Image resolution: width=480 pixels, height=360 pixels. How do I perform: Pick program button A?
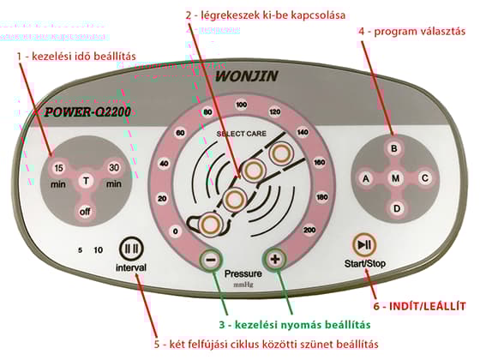365,178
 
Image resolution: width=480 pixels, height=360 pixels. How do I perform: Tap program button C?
423,178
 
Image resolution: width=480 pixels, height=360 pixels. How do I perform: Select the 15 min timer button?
58,167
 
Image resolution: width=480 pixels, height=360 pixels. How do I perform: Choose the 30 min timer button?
113,167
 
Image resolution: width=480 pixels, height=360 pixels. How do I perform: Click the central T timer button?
86,181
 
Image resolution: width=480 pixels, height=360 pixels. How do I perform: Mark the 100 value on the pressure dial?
241,105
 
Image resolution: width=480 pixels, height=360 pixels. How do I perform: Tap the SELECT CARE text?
241,134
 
